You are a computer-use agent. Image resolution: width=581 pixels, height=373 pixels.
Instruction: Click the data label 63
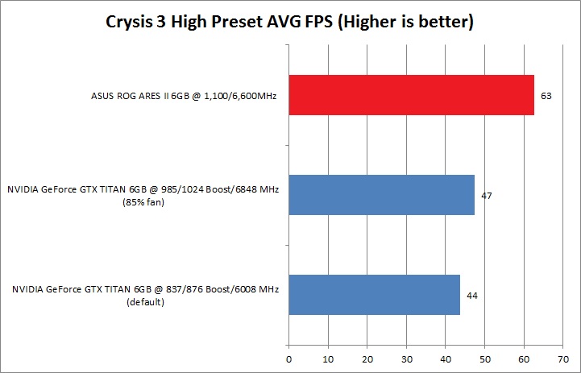point(546,96)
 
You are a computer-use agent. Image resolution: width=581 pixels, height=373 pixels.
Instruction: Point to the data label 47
point(486,196)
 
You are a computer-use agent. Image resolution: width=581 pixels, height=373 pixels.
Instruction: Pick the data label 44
point(471,296)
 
